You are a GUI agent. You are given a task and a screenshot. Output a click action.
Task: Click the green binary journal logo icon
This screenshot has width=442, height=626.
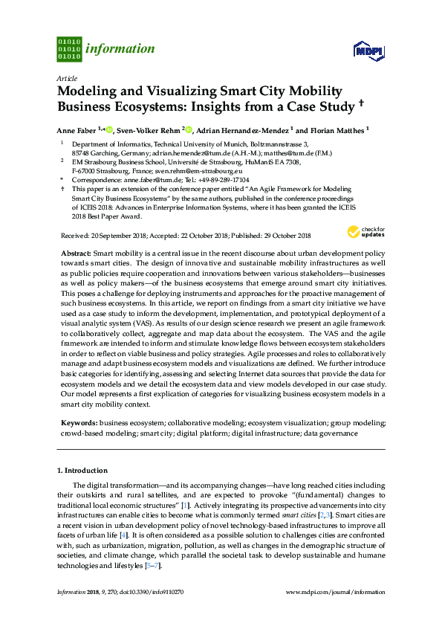coord(68,48)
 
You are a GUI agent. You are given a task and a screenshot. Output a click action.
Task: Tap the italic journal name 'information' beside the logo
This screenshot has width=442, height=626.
coord(120,49)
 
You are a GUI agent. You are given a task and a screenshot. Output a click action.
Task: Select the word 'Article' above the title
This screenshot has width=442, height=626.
coord(67,78)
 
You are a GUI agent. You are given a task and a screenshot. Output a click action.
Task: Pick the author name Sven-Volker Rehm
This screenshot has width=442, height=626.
coord(152,130)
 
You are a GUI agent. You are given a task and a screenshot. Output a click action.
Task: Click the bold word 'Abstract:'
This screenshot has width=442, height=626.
coord(75,254)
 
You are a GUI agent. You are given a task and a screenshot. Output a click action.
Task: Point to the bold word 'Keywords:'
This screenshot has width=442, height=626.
coord(78,422)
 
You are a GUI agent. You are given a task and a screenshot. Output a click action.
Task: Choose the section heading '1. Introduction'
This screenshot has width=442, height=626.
coord(82,471)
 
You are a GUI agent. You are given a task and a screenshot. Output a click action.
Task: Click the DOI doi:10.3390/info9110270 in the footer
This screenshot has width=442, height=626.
coord(157,593)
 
